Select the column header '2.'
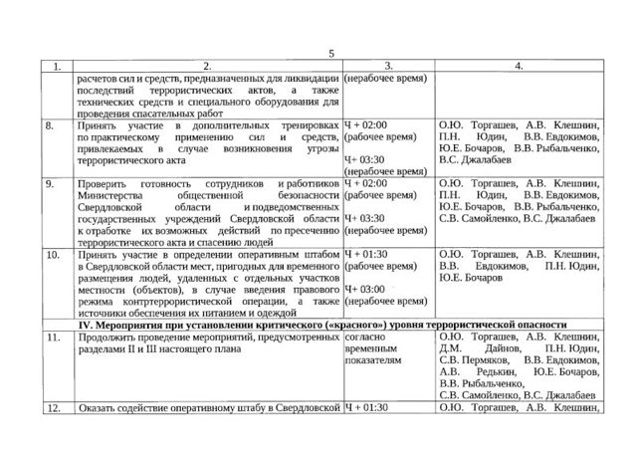click(202, 66)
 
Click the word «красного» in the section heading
click(354, 326)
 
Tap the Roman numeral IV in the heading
click(94, 326)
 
